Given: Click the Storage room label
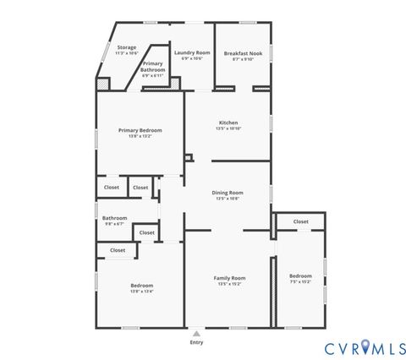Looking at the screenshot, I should pyautogui.click(x=127, y=47).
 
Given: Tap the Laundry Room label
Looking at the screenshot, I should pyautogui.click(x=192, y=52).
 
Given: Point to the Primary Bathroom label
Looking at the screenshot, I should pyautogui.click(x=153, y=66).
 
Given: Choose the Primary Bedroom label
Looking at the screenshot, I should pyautogui.click(x=140, y=130).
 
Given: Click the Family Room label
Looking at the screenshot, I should pyautogui.click(x=229, y=278).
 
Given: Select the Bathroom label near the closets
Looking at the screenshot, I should pyautogui.click(x=115, y=218).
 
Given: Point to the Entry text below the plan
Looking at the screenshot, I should pyautogui.click(x=196, y=342).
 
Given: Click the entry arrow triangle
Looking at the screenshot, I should pyautogui.click(x=196, y=334).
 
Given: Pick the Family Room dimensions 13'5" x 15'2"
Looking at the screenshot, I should pyautogui.click(x=229, y=284).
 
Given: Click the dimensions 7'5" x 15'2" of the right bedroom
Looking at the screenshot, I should pyautogui.click(x=300, y=282).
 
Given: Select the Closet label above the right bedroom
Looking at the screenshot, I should pyautogui.click(x=300, y=221).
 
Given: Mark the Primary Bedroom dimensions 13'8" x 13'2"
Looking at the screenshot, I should pyautogui.click(x=140, y=136).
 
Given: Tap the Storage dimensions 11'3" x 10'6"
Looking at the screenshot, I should pyautogui.click(x=127, y=53).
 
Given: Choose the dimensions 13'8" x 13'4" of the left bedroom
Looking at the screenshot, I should pyautogui.click(x=142, y=292).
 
